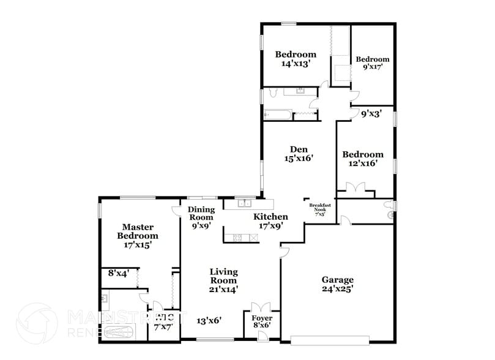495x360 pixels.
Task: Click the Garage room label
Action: [x=337, y=280]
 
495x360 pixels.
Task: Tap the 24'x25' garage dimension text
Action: [x=337, y=289]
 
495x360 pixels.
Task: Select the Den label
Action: [x=299, y=148]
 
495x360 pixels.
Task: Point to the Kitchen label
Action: [x=270, y=217]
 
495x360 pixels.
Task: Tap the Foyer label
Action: [x=262, y=319]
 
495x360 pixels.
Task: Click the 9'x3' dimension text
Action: [x=371, y=113]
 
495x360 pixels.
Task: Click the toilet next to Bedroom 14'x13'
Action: [x=272, y=94]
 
